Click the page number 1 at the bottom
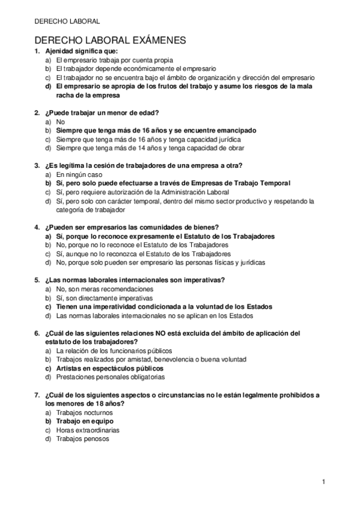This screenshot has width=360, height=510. pyautogui.click(x=323, y=482)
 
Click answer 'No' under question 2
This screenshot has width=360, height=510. pyautogui.click(x=60, y=121)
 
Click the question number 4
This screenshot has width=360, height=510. pyautogui.click(x=38, y=227)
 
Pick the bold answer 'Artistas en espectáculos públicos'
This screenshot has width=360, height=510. pyautogui.click(x=109, y=368)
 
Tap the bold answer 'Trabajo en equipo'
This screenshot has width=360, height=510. pyautogui.click(x=85, y=422)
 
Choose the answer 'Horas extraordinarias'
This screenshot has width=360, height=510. pyautogui.click(x=88, y=430)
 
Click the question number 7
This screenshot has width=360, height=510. pyautogui.click(x=38, y=395)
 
